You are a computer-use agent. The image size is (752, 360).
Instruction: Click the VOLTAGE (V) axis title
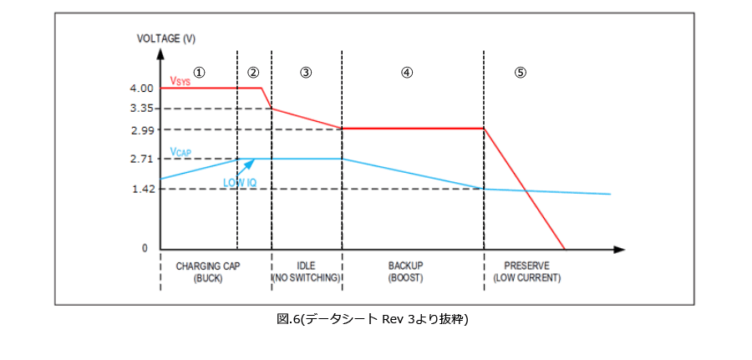coord(166,38)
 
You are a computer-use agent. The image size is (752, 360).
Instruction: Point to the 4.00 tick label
coord(142,89)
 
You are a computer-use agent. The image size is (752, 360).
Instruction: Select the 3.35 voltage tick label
coord(142,109)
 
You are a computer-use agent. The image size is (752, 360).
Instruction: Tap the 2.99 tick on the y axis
coord(142,129)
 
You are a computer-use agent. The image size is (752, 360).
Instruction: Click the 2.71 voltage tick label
coord(142,159)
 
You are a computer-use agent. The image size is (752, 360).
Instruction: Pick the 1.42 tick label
coord(142,189)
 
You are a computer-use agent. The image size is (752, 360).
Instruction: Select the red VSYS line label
coord(180,81)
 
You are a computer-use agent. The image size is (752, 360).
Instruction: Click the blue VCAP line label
coord(181,151)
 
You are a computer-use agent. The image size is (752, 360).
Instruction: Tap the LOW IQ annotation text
coord(239,182)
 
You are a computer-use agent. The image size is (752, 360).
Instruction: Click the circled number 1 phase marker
coord(199,72)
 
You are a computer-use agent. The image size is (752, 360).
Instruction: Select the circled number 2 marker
coord(253,72)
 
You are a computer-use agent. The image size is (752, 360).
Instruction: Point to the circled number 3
coord(306,72)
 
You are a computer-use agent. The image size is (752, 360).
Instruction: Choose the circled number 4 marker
coord(407,72)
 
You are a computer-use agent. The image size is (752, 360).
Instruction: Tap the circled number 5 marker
coord(520,72)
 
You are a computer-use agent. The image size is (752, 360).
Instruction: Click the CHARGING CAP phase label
coord(207,266)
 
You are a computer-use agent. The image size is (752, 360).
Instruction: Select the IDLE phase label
coord(306,266)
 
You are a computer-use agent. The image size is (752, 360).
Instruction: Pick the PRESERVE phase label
coord(526,266)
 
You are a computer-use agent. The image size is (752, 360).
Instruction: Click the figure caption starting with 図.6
coord(373,319)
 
